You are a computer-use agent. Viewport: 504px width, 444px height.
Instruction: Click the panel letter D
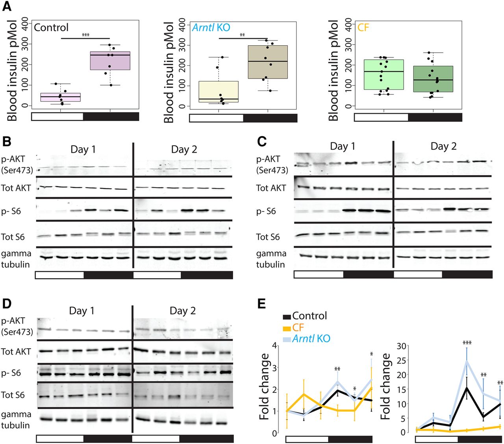(x=7, y=304)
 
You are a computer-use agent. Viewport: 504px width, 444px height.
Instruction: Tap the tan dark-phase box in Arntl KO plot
(x=268, y=62)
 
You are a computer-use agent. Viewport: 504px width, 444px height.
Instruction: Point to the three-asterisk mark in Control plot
(x=85, y=35)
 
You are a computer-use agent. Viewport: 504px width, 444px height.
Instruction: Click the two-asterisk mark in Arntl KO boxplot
(x=242, y=35)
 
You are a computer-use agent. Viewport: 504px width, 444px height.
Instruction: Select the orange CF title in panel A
(x=363, y=28)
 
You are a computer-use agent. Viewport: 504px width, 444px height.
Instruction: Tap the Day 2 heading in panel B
(x=184, y=150)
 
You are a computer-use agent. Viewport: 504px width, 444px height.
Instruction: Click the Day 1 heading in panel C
(x=343, y=146)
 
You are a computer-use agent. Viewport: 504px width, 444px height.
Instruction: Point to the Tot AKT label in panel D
(x=16, y=351)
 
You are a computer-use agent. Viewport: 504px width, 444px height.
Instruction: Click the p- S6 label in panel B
(x=11, y=211)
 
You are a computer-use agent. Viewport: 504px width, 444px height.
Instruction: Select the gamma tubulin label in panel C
(x=271, y=259)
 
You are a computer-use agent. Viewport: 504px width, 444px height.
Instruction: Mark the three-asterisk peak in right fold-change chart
(x=467, y=343)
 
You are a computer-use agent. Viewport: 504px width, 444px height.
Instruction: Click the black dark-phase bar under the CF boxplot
(x=435, y=117)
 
